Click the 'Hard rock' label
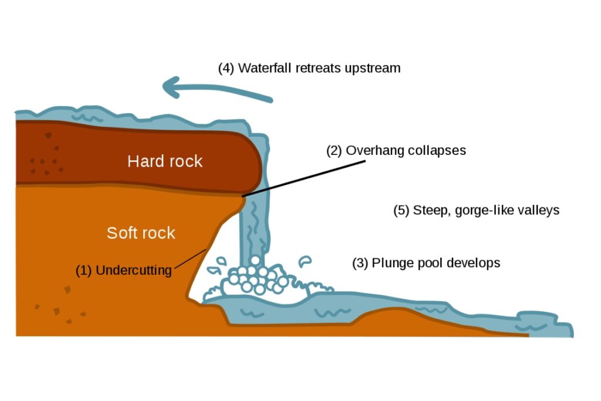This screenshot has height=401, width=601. coord(165,161)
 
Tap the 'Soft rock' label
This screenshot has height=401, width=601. coord(141,233)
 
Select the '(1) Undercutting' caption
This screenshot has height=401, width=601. coord(124,271)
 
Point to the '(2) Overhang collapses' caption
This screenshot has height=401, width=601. coord(396,150)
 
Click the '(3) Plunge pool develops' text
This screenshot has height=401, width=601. coord(426,262)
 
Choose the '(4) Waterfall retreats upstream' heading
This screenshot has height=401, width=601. coord(309,68)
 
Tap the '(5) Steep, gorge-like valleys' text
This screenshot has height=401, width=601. coord(476,210)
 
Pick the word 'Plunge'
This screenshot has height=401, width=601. coord(390,262)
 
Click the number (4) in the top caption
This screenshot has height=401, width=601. coord(226,68)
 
